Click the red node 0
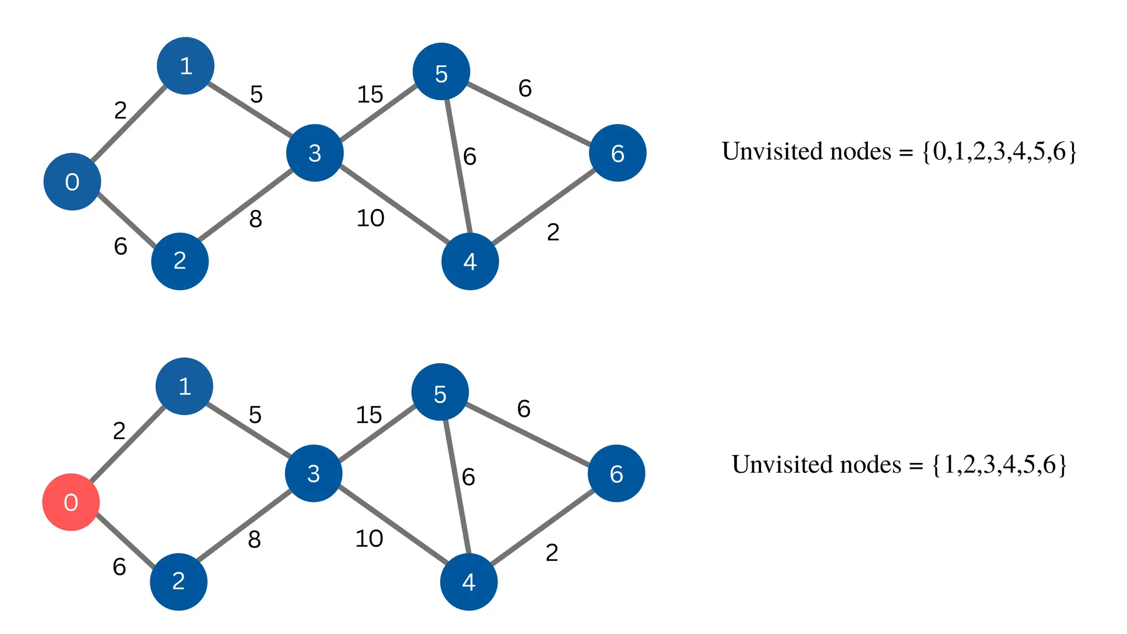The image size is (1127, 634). tap(71, 502)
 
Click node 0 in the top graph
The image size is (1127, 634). tap(72, 182)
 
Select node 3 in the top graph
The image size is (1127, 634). tap(315, 153)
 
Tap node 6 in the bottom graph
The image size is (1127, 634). tap(616, 473)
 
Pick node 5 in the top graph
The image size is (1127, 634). tap(441, 72)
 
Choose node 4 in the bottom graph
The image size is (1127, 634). tap(469, 582)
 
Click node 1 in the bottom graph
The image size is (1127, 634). tap(184, 386)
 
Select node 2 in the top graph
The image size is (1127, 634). tap(180, 261)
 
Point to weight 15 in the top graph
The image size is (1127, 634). tap(370, 95)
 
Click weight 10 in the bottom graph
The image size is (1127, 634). tap(369, 539)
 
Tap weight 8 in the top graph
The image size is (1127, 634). tap(255, 219)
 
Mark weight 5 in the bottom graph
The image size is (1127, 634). tap(255, 415)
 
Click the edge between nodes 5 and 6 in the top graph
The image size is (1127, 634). tap(529, 112)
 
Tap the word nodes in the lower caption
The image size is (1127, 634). tap(871, 464)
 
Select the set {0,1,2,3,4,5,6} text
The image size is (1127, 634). tap(999, 151)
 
